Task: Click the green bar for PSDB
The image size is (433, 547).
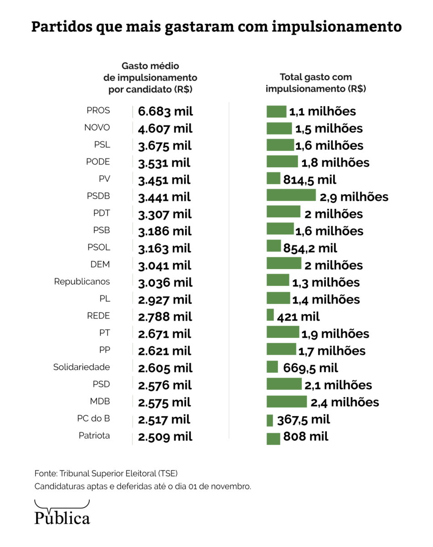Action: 291,196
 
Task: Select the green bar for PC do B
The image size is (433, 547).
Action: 269,419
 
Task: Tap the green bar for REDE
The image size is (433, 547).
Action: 270,315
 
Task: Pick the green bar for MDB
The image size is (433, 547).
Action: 287,402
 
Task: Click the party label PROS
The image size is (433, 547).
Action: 98,111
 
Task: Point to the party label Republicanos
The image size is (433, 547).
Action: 82,282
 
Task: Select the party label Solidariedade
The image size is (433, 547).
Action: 82,367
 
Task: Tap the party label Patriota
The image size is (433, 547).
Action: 94,436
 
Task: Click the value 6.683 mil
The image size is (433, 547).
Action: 165,112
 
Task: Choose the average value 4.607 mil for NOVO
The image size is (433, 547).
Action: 165,129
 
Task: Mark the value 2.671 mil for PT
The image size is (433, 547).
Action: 165,334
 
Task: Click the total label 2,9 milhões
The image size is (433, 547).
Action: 354,197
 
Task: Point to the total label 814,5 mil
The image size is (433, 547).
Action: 310,180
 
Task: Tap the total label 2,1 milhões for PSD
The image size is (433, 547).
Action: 338,385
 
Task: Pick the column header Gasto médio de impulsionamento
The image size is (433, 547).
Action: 150,78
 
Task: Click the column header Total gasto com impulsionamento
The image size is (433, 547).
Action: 316,83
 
